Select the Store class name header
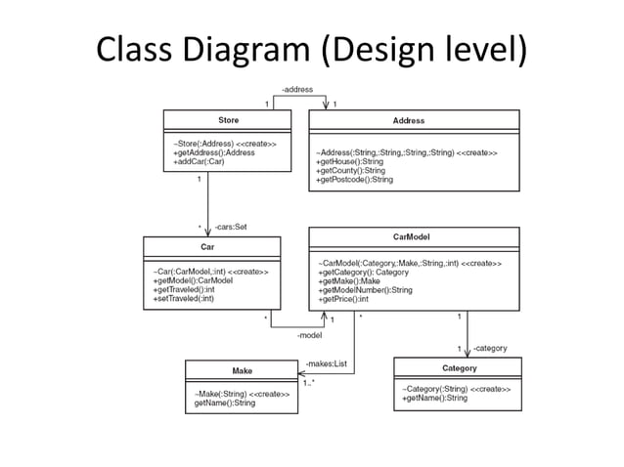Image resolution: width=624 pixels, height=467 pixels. pyautogui.click(x=227, y=120)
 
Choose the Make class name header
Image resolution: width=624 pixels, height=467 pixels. pyautogui.click(x=242, y=370)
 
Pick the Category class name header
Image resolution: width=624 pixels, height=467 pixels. pyautogui.click(x=459, y=368)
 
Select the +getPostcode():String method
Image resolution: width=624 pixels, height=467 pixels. pyautogui.click(x=354, y=180)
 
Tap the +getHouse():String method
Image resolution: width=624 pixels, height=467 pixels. pyautogui.click(x=350, y=162)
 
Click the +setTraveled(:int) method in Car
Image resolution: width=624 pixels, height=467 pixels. pyautogui.click(x=184, y=298)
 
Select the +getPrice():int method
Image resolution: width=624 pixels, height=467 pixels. pyautogui.click(x=342, y=299)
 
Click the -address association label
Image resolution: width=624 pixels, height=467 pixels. pyautogui.click(x=297, y=90)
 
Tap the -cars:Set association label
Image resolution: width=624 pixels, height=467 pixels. pyautogui.click(x=231, y=226)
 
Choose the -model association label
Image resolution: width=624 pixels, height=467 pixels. pyautogui.click(x=309, y=335)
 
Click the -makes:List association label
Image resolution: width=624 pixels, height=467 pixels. pyautogui.click(x=326, y=363)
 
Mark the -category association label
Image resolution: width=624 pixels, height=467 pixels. pyautogui.click(x=489, y=348)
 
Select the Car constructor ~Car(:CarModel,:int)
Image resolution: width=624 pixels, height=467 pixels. pyautogui.click(x=209, y=271)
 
